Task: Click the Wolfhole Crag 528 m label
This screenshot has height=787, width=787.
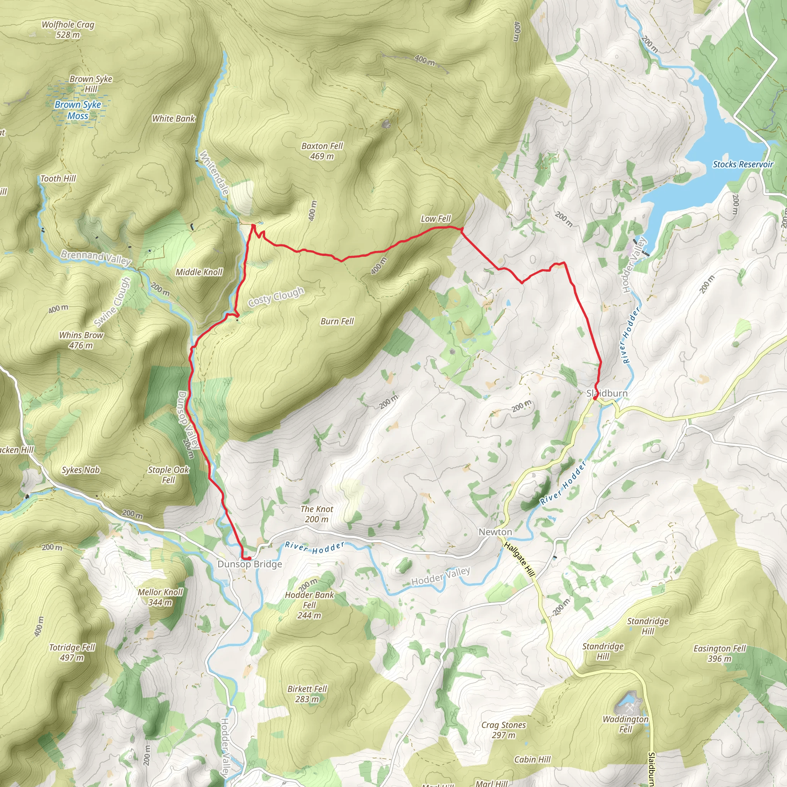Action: point(68,30)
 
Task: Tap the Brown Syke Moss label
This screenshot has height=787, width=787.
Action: point(78,110)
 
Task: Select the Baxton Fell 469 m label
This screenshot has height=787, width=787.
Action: point(322,151)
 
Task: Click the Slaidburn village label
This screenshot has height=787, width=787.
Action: point(607,393)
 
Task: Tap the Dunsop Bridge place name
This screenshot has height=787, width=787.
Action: point(250,564)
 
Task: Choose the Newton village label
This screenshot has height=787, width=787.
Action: point(495,532)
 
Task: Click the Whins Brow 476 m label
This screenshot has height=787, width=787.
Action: point(81,340)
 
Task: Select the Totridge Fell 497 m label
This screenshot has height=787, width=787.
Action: point(72,652)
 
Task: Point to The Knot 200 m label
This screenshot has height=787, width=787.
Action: point(317,514)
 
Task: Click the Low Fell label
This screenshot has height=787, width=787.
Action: point(435,219)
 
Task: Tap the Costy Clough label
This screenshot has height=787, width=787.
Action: point(276,297)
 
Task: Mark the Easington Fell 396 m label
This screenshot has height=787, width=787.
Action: point(719,653)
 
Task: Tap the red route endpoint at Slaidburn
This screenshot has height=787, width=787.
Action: point(595,398)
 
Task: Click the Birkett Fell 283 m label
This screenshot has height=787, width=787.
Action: point(307,694)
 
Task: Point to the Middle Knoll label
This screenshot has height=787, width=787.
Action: point(199,272)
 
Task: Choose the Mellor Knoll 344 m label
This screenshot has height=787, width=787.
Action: point(160,597)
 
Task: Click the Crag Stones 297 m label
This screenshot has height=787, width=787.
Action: point(503,730)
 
